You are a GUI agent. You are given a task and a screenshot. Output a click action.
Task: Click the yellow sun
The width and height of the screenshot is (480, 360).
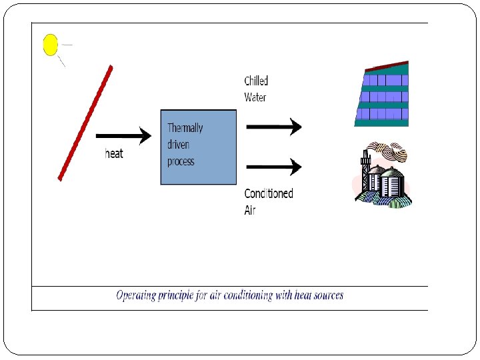pyautogui.click(x=51, y=45)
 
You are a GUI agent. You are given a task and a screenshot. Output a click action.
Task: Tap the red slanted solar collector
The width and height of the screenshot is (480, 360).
pyautogui.click(x=85, y=123)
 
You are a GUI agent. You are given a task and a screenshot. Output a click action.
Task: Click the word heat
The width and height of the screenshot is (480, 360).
pyautogui.click(x=114, y=153)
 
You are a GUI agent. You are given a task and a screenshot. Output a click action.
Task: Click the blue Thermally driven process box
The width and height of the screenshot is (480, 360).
pyautogui.click(x=199, y=147)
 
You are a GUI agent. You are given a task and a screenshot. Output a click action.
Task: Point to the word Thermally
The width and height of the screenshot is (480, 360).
pyautogui.click(x=185, y=128)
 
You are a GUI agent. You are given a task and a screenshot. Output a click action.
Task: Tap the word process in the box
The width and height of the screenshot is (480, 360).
pyautogui.click(x=181, y=161)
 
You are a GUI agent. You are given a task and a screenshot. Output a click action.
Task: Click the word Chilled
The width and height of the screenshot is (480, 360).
pyautogui.click(x=256, y=81)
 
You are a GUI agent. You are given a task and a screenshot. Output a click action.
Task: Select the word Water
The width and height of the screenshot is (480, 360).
pyautogui.click(x=255, y=97)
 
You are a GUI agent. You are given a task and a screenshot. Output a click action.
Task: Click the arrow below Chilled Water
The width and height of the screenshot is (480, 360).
pyautogui.click(x=273, y=126)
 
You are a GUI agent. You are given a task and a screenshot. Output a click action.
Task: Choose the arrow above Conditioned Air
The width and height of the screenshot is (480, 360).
pyautogui.click(x=273, y=166)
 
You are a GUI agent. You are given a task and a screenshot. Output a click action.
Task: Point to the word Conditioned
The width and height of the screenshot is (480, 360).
pyautogui.click(x=269, y=193)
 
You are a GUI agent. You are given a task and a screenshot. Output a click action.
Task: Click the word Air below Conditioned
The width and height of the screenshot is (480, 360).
pyautogui.click(x=250, y=210)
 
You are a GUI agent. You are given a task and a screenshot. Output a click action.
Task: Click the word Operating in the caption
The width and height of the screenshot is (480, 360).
pyautogui.click(x=137, y=295)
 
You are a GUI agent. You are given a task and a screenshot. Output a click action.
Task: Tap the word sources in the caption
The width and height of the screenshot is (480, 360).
pyautogui.click(x=325, y=295)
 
